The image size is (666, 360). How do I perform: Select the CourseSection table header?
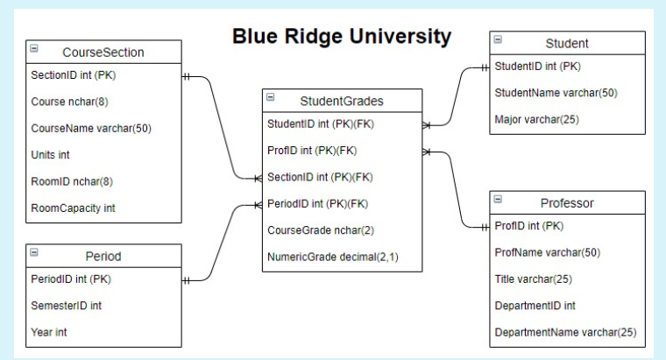103,53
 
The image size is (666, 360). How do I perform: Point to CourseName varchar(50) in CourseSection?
91,128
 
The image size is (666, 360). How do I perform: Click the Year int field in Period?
49,332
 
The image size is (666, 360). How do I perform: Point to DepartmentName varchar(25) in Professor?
565,333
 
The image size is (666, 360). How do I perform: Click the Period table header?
103,257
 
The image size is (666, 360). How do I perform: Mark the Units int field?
50,154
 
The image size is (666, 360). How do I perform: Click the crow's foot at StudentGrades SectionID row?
257,178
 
